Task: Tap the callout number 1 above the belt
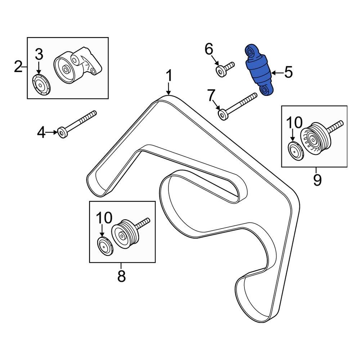[168, 76]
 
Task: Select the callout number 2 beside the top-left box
[18, 67]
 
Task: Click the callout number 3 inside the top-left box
[39, 54]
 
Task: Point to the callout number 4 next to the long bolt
[42, 133]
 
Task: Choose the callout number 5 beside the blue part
[288, 73]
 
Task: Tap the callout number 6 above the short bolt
[209, 49]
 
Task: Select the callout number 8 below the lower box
[121, 276]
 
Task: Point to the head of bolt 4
[62, 133]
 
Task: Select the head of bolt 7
[223, 116]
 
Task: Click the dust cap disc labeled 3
[41, 85]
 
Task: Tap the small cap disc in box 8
[105, 246]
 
